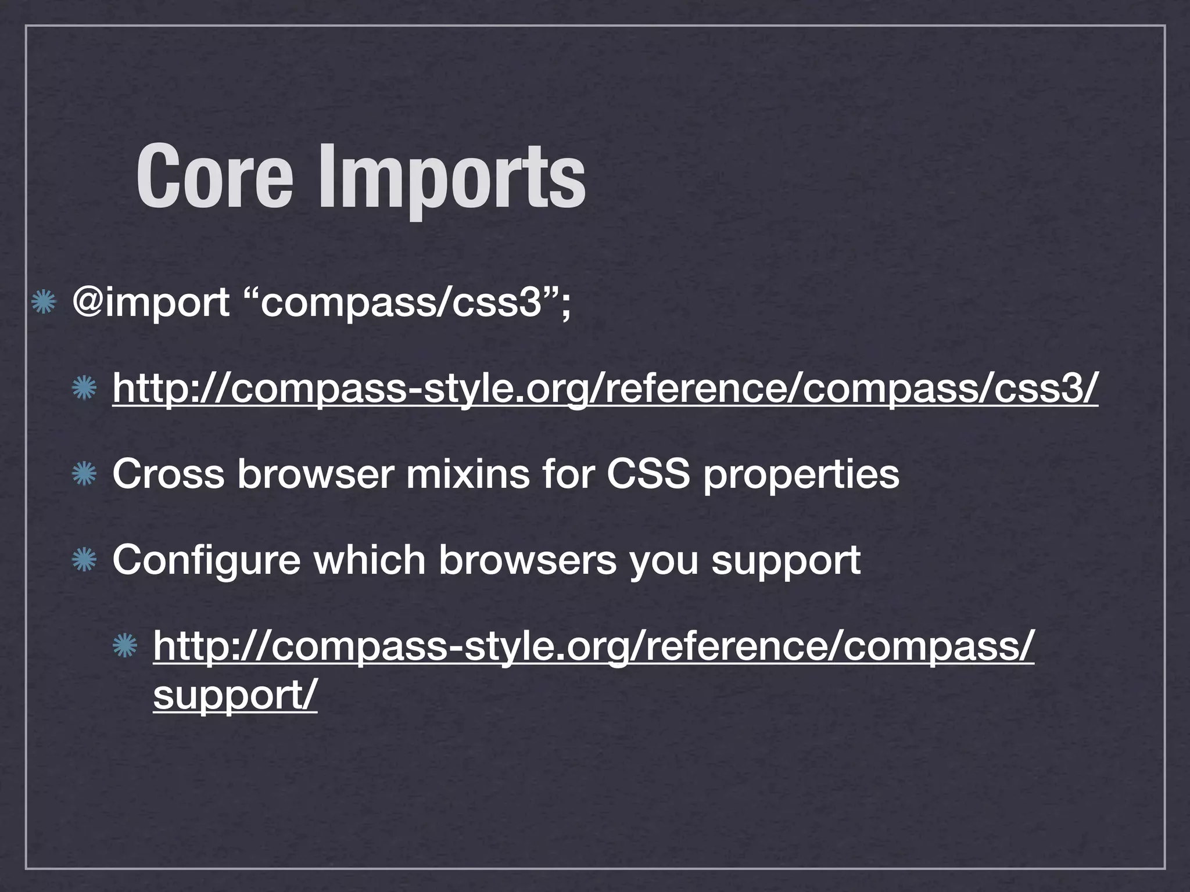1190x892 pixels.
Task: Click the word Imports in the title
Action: click(451, 177)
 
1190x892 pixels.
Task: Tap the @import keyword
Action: click(150, 303)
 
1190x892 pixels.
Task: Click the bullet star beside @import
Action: click(44, 303)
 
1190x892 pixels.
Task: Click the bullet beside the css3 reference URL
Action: click(84, 388)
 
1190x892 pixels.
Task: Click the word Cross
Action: click(168, 474)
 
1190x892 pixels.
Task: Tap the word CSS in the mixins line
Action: click(648, 474)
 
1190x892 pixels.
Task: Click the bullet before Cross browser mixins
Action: click(84, 474)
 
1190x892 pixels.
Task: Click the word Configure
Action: click(206, 560)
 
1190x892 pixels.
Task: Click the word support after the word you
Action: click(786, 561)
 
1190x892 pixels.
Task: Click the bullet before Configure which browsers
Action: click(84, 560)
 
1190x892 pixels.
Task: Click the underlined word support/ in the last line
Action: click(235, 695)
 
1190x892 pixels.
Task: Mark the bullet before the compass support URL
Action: click(124, 646)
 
